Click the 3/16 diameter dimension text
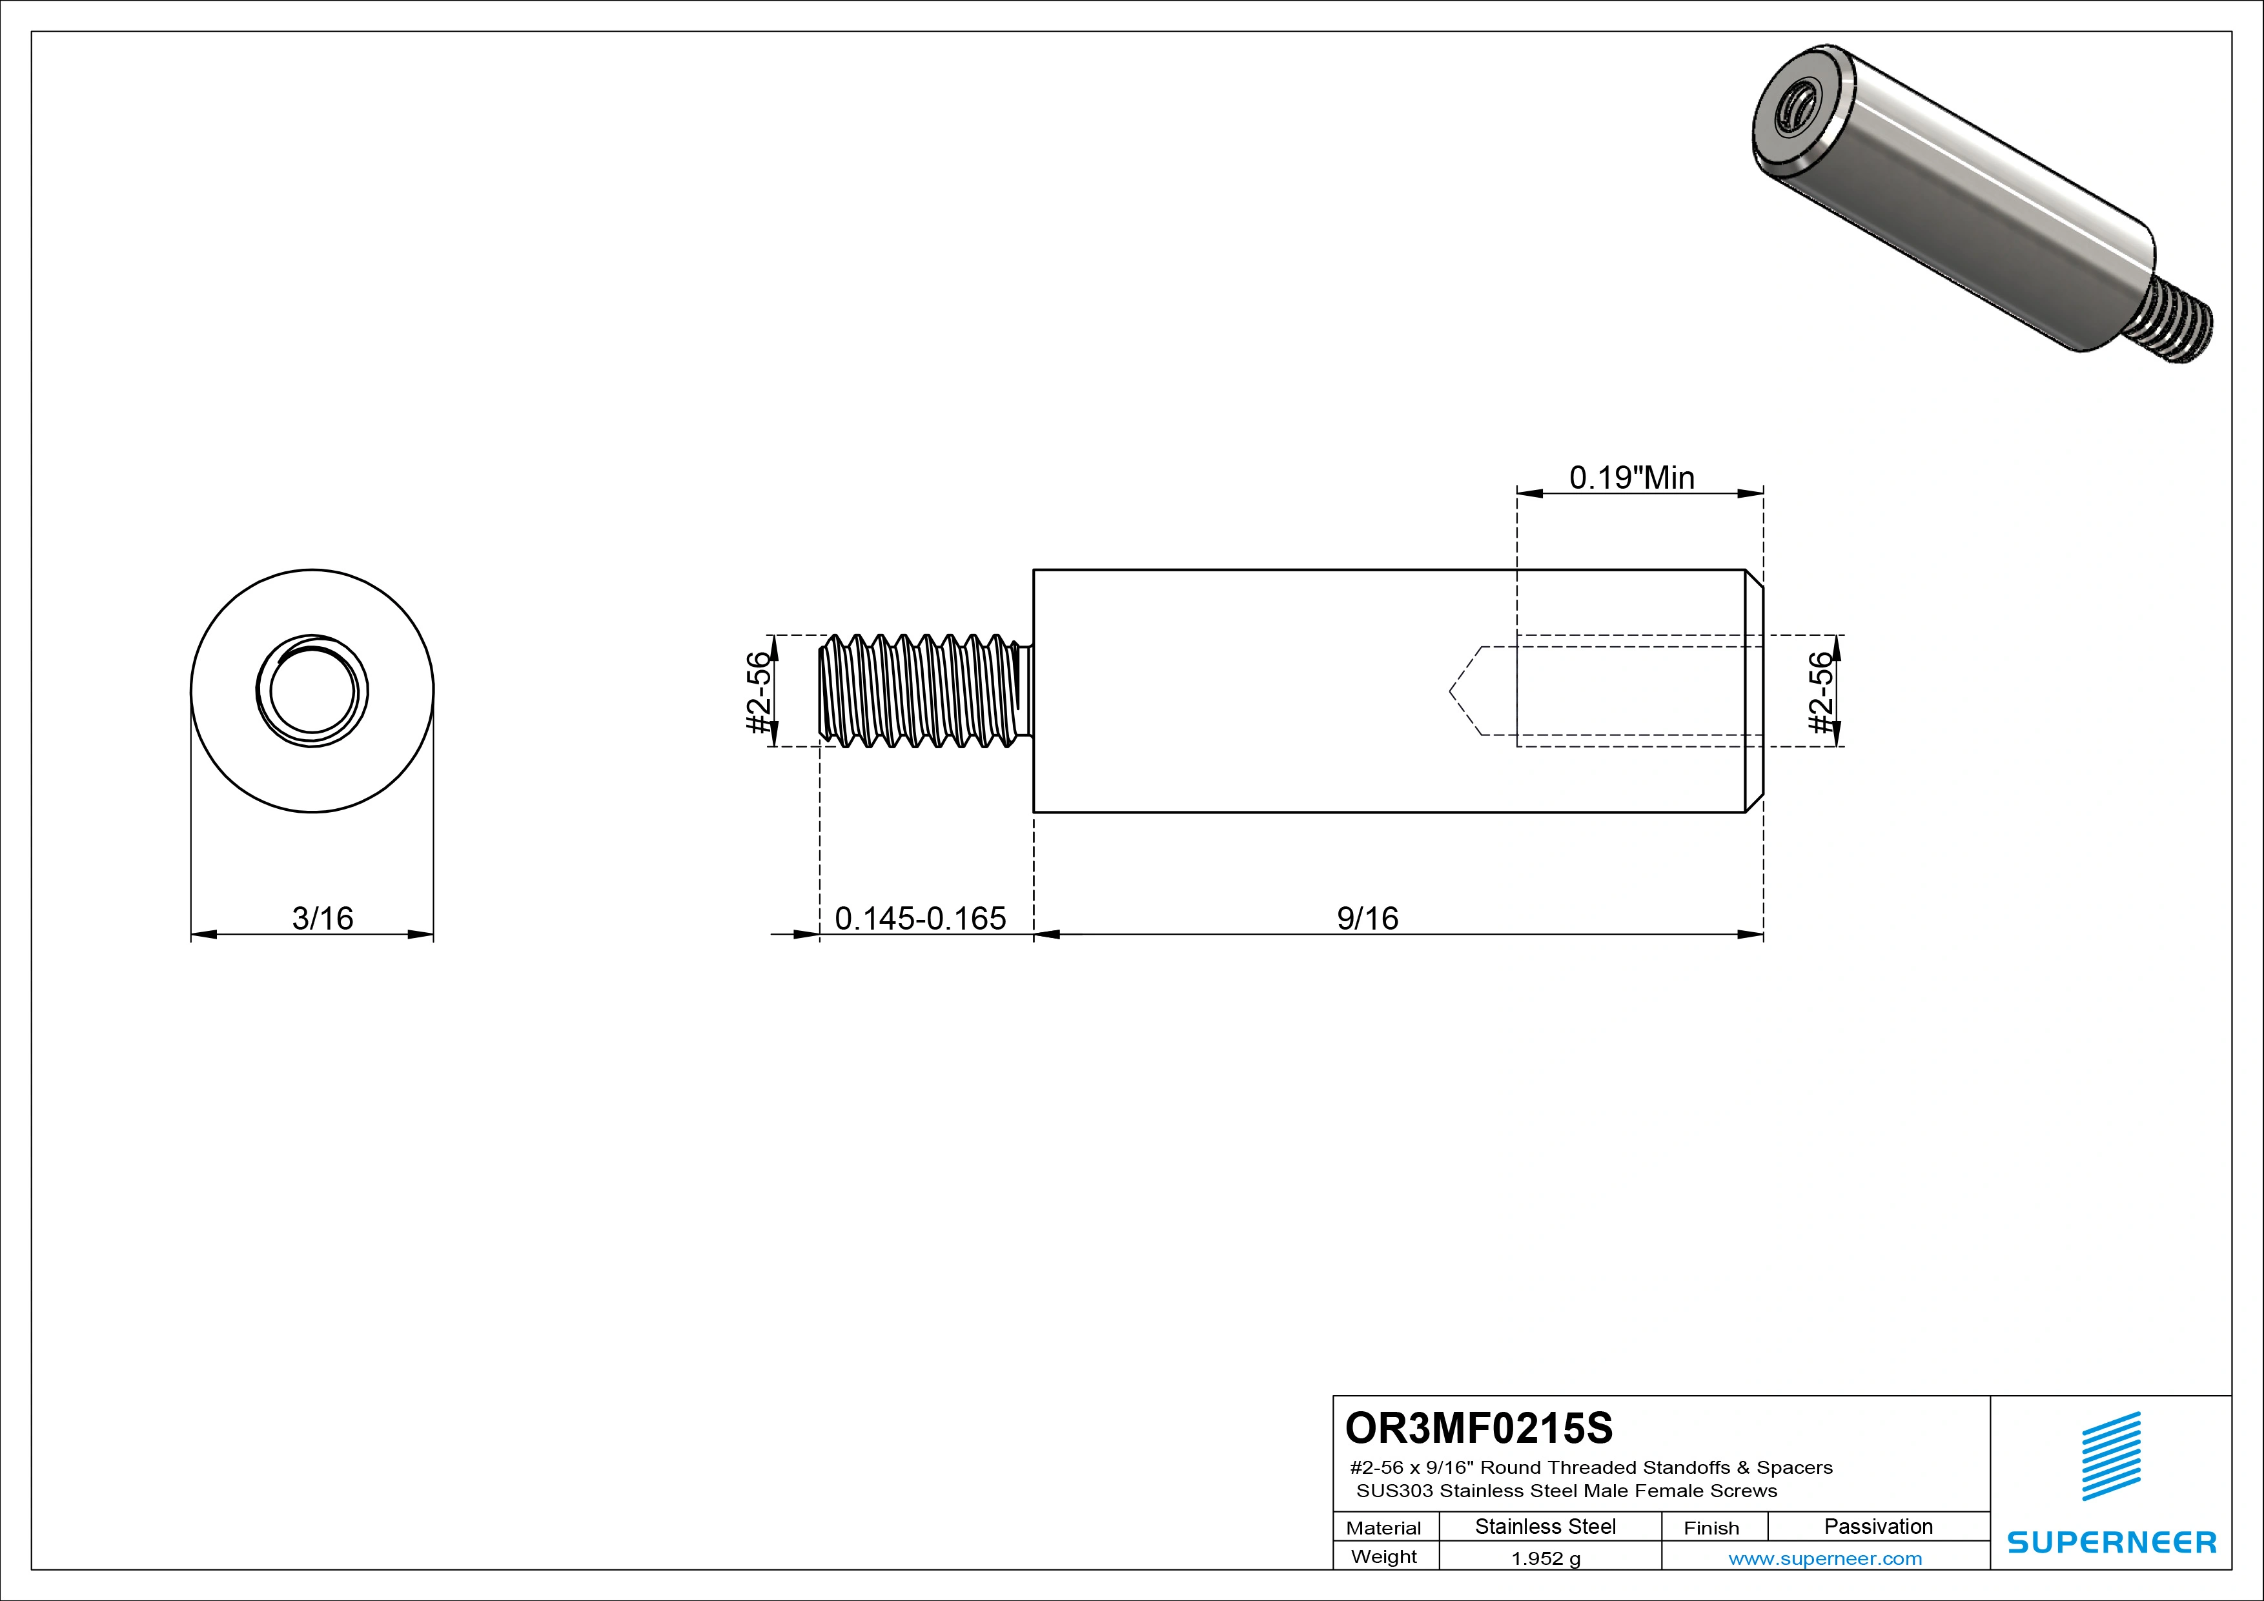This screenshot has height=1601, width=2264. (x=322, y=918)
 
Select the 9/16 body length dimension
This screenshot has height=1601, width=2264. (x=1368, y=918)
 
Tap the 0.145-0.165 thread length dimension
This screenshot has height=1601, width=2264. (x=920, y=918)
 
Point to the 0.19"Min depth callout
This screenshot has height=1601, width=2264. (x=1632, y=478)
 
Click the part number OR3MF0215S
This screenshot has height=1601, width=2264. (x=1478, y=1427)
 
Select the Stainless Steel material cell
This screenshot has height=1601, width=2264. (x=1545, y=1526)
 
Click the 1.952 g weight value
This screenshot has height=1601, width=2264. (x=1545, y=1558)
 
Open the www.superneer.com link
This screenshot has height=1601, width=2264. (x=1824, y=1558)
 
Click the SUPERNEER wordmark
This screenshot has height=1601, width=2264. (x=2111, y=1542)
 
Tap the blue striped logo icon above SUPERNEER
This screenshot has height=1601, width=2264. (x=2111, y=1456)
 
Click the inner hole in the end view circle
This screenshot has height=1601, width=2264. (x=312, y=691)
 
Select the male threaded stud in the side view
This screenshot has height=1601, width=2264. (x=922, y=691)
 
